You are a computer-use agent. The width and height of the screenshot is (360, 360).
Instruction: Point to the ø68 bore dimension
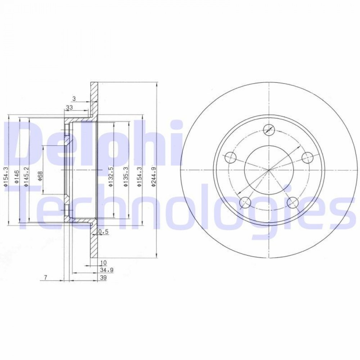click(40, 176)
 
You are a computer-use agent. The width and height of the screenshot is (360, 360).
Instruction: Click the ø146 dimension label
click(16, 176)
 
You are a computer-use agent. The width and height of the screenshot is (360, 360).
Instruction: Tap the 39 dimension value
click(104, 278)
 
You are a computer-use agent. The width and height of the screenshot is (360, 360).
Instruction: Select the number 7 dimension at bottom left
click(45, 278)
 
